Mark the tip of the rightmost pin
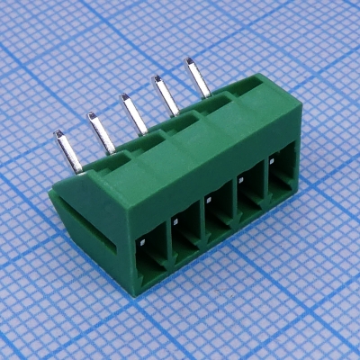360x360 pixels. pos(191,62)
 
